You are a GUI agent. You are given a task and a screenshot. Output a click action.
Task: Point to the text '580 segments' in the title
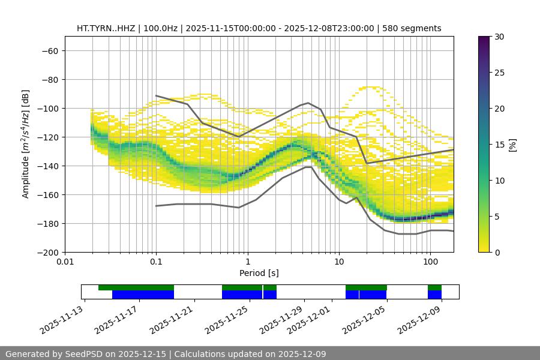[x=414, y=28]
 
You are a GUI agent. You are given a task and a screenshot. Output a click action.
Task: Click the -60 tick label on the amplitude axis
[x=49, y=50]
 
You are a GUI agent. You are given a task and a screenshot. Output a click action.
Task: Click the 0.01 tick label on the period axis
[x=65, y=262]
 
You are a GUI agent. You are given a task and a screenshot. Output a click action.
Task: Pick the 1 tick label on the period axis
[x=247, y=262]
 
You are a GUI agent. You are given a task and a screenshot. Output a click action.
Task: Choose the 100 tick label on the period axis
[x=430, y=262]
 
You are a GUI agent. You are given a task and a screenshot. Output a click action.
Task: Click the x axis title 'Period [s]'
[x=259, y=273]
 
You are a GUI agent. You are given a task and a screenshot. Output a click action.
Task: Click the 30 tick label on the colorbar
[x=499, y=37]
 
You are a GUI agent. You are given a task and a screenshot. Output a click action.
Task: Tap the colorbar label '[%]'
[x=512, y=145]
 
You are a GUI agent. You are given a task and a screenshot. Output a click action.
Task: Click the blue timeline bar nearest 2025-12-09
[x=434, y=295]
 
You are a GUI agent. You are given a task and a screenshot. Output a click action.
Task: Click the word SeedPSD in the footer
[x=83, y=354]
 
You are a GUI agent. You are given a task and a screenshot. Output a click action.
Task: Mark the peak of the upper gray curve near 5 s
[x=308, y=103]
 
